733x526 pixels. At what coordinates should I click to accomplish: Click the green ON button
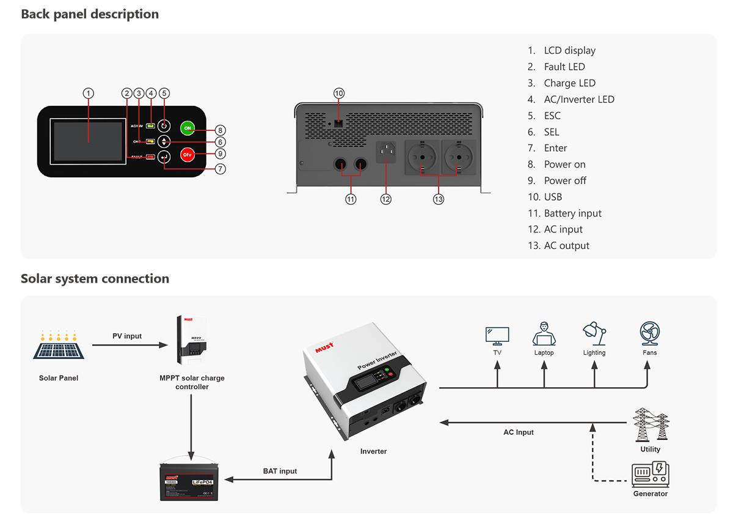188,128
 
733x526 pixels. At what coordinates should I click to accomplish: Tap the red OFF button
188,155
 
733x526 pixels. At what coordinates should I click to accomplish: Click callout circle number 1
89,93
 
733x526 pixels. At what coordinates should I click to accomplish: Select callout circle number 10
339,93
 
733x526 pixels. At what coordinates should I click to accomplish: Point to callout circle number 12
385,199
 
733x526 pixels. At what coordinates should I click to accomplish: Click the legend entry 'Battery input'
572,213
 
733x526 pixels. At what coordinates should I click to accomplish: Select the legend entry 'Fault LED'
564,67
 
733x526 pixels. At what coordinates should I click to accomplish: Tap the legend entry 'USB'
553,197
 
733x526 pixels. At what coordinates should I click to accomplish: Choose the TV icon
497,335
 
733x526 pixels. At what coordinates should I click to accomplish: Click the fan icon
649,334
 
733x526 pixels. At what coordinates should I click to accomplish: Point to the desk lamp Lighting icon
594,334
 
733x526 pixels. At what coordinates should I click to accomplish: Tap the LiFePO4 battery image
191,482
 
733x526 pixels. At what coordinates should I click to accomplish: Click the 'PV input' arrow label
127,336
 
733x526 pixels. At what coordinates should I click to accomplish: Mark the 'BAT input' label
280,471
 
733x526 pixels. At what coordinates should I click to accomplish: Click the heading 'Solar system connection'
95,279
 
